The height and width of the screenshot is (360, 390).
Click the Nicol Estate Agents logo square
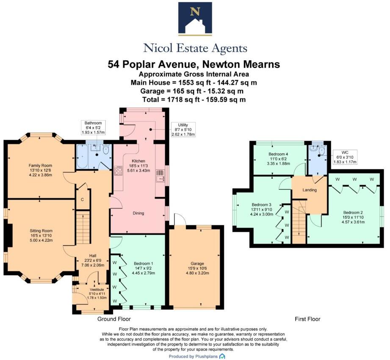(195, 19)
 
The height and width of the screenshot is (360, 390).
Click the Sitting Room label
(41, 231)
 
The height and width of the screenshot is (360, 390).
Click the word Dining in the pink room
(138, 213)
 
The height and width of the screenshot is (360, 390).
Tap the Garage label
(194, 256)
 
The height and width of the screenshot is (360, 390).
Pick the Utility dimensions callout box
(183, 130)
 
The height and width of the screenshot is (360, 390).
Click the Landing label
(309, 190)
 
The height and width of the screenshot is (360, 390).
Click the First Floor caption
(307, 319)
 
